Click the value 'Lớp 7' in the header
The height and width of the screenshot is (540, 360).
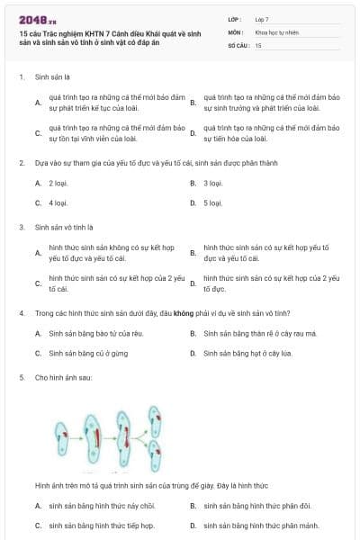262,18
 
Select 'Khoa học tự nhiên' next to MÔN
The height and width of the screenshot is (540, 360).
276,31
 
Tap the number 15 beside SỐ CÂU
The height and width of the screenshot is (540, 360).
258,44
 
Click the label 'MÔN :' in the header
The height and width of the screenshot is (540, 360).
236,31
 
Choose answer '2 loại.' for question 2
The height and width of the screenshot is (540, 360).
58,183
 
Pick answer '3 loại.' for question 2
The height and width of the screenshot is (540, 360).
212,183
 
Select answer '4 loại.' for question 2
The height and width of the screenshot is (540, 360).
58,202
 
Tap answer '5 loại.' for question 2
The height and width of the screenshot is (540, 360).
212,202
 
